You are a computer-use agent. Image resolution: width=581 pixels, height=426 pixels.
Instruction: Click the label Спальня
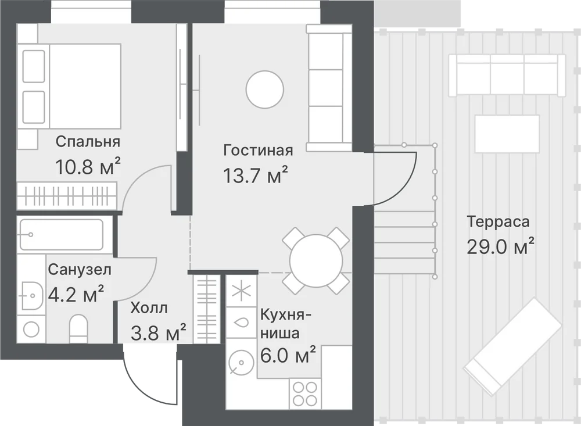88,142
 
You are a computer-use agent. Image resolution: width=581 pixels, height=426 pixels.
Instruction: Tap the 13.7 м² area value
255,176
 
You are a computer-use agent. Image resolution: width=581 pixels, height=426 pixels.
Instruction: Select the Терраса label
498,221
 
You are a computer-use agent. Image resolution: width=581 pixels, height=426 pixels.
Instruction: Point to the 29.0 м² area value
500,246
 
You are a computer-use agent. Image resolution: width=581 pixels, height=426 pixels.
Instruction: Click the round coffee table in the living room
265,90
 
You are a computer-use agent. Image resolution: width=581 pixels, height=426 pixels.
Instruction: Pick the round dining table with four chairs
316,261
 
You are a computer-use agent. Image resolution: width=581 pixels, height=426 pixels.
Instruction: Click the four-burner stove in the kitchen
306,394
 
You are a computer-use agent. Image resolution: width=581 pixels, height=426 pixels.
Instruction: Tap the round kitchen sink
239,362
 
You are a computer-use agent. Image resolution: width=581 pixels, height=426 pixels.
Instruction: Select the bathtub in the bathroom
62,235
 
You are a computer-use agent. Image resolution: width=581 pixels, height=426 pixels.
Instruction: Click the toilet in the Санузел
78,329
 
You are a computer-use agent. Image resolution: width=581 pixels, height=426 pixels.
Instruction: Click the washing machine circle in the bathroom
31,329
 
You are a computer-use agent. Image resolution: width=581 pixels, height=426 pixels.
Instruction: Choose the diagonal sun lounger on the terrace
513,346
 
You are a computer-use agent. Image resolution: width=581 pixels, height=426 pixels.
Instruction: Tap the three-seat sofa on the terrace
507,76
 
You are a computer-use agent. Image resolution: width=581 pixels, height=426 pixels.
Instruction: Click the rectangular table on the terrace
507,134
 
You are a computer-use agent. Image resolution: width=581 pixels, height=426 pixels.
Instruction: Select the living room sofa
329,88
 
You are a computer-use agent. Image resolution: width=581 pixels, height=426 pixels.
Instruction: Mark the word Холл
149,307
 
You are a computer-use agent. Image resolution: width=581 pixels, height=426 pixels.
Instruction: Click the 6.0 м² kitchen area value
288,356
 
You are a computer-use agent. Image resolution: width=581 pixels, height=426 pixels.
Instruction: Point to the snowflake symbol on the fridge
241,291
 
